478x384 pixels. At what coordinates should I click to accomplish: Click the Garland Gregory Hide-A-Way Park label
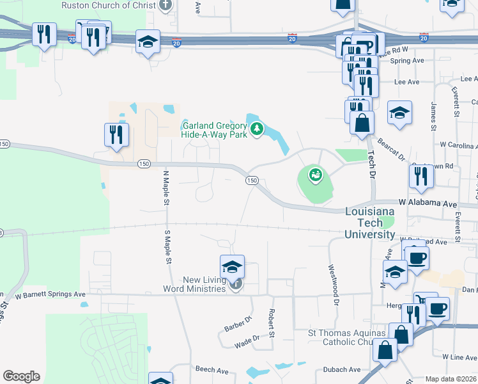click(x=214, y=130)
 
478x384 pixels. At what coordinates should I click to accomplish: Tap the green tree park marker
click(x=257, y=130)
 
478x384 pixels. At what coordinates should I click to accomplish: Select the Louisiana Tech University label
click(x=369, y=223)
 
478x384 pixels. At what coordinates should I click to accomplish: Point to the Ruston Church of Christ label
click(x=108, y=6)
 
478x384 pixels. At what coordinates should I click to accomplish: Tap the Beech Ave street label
click(x=212, y=370)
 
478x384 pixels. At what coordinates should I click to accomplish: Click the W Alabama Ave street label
click(x=428, y=203)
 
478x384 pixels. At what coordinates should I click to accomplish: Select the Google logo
click(x=21, y=376)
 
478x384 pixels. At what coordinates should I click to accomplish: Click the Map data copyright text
click(x=451, y=379)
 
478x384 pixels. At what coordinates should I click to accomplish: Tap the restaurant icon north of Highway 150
click(x=116, y=135)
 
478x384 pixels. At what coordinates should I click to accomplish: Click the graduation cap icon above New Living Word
click(x=233, y=266)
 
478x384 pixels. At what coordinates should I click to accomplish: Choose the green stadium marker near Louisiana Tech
click(x=314, y=173)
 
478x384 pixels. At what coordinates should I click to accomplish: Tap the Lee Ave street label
click(x=406, y=82)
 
